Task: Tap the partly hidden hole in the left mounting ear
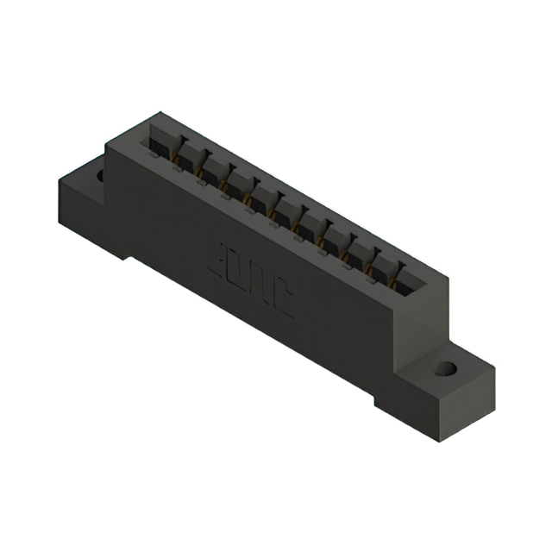tap(100, 176)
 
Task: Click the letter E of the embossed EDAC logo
tap(217, 257)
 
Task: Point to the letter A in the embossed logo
tap(260, 287)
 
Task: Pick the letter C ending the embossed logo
tap(282, 303)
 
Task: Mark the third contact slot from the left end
tap(210, 170)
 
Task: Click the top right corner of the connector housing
tap(448, 269)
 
